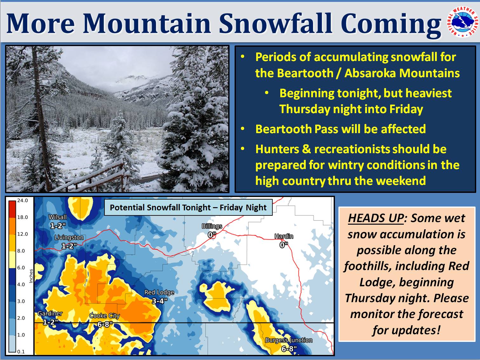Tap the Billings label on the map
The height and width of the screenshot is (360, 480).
pos(212,226)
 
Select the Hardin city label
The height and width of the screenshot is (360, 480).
pos(284,236)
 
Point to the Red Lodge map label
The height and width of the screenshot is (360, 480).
pos(159,292)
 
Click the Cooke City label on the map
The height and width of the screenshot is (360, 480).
pos(104,316)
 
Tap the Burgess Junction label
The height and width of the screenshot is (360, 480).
pos(289,340)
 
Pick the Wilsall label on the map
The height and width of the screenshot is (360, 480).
pos(57,217)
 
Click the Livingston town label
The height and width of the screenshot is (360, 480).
pos(69,238)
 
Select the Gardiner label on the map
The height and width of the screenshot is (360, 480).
pos(50,314)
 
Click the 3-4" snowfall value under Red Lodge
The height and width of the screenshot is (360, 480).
pos(159,301)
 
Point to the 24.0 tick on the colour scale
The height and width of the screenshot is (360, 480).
pos(23,200)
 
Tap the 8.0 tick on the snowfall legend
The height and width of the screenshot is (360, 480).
pos(21,251)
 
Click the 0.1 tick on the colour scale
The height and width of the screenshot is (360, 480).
pos(21,352)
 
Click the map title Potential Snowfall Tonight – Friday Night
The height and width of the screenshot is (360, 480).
pos(188,207)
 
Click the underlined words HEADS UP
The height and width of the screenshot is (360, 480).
pos(376,218)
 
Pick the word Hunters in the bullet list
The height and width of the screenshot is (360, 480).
pos(277,149)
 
